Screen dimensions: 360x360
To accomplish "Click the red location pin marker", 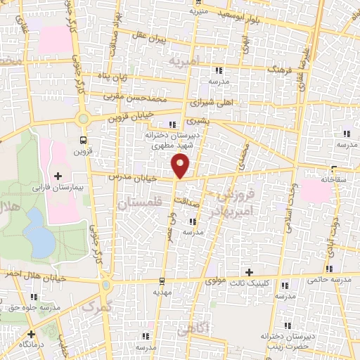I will point(181,165).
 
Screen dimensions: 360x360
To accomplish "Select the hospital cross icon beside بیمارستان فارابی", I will point(58,175).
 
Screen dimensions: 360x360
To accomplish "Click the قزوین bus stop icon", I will point(84,140).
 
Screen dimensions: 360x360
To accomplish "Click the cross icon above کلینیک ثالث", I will point(248,271).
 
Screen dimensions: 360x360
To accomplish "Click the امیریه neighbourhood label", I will point(184,62).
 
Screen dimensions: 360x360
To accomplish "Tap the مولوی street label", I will point(215,280).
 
